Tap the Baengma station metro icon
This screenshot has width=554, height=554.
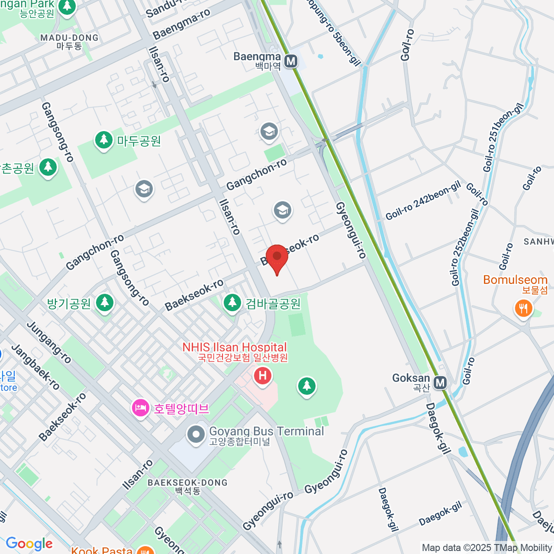pyautogui.click(x=290, y=61)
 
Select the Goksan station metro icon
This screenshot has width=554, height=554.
pyautogui.click(x=440, y=382)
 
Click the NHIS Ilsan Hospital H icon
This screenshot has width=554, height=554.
pyautogui.click(x=262, y=376)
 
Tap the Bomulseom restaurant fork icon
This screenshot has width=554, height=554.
pyautogui.click(x=523, y=308)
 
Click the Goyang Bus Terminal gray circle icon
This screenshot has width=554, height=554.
pyautogui.click(x=196, y=434)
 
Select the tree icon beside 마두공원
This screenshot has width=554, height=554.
pyautogui.click(x=104, y=140)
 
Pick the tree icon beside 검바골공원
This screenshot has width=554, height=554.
pyautogui.click(x=232, y=303)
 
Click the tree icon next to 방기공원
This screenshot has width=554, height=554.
pyautogui.click(x=105, y=303)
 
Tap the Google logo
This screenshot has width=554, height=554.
pyautogui.click(x=29, y=543)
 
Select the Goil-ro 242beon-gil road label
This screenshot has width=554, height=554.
pyautogui.click(x=423, y=201)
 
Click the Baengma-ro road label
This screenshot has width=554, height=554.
pyautogui.click(x=181, y=24)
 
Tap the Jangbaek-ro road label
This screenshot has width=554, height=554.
pyautogui.click(x=36, y=367)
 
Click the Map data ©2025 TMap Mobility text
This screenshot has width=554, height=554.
pyautogui.click(x=487, y=548)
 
